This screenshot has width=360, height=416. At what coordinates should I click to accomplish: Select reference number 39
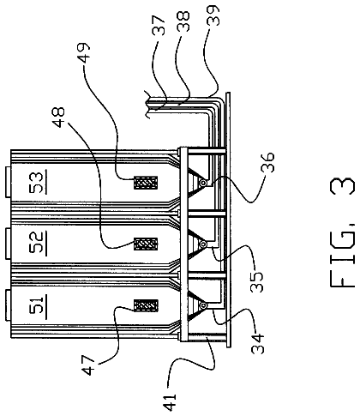[x=213, y=15]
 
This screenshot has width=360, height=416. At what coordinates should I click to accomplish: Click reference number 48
[x=59, y=118]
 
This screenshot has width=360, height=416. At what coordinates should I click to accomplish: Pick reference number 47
[x=88, y=365]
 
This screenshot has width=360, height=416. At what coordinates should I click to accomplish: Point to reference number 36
[x=267, y=162]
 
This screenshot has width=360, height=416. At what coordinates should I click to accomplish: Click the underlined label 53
[x=38, y=182]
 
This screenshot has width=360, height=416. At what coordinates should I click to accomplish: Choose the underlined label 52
[x=38, y=243]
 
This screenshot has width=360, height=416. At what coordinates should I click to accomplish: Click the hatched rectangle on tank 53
[x=146, y=183]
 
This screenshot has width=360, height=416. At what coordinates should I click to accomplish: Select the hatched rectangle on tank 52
[x=146, y=244]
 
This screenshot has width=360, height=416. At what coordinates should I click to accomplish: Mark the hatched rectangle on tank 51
[x=146, y=305]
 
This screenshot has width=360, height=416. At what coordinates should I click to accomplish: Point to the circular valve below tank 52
[x=204, y=244]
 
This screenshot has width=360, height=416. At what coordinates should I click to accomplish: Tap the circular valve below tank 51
[x=204, y=306]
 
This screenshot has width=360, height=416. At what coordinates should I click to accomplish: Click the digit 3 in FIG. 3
[x=342, y=189]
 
